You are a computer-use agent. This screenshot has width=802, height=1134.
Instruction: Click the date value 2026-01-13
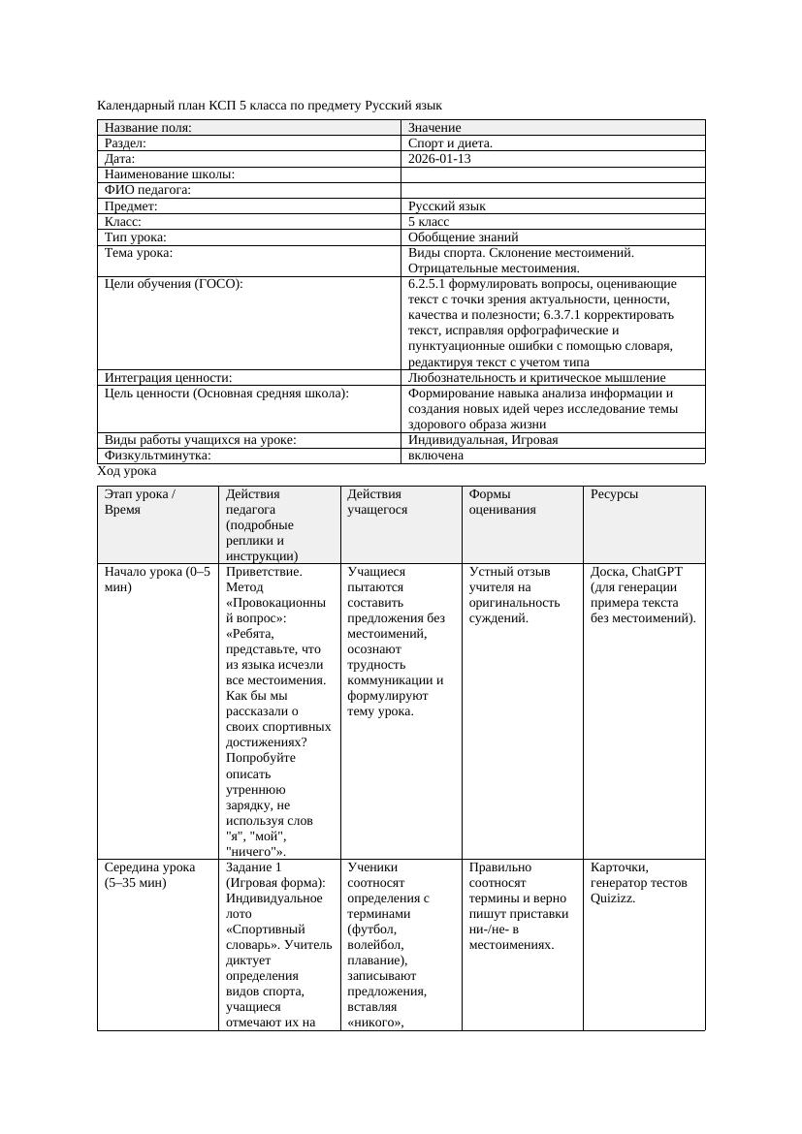pos(439,159)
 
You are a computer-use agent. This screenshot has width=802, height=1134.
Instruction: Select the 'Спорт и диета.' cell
pos(450,143)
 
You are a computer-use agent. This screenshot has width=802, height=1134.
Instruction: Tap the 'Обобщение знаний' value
pos(463,237)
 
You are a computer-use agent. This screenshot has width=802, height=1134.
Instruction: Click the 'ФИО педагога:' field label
pos(147,191)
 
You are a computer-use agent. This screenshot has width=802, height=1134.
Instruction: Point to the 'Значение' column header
pos(434,128)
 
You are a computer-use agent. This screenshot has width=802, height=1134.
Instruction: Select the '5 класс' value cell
pos(429,222)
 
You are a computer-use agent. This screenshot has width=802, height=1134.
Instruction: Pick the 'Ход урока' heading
pos(127,471)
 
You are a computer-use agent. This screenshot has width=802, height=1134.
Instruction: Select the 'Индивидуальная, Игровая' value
pos(482,440)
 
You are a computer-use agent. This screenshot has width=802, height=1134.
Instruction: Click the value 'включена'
pos(435,456)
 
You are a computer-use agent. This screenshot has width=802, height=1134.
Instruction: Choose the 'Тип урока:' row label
pos(136,237)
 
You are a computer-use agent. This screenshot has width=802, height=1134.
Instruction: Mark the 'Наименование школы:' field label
pos(170,174)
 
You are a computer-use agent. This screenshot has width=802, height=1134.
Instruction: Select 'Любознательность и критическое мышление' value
pos(536,378)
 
